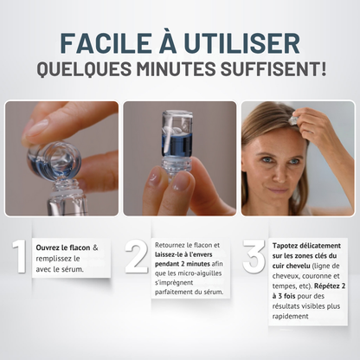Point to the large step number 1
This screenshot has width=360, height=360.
point(19,256)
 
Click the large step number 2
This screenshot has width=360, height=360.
point(137,256)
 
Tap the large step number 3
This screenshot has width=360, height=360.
point(254,256)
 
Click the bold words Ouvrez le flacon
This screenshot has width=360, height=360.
point(63,247)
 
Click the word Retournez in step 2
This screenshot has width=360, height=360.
point(170,245)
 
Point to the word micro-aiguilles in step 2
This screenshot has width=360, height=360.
point(200,273)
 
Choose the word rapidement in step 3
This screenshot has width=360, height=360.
point(291,316)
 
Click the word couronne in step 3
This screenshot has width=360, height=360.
point(315,276)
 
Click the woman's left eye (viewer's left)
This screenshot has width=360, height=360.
point(267,159)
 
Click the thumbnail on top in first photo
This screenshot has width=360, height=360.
point(37,127)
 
